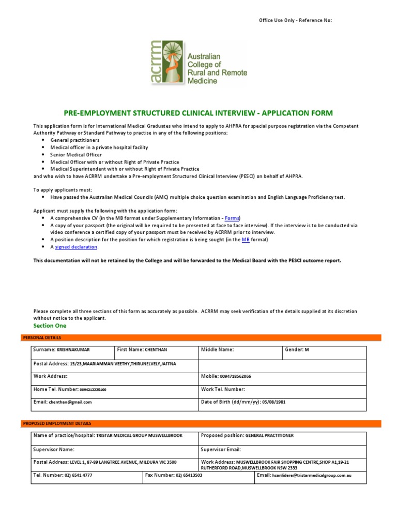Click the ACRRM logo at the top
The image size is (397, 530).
[x=198, y=63]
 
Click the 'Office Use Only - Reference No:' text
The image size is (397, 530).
[x=295, y=20]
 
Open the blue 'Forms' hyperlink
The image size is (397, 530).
[x=232, y=218]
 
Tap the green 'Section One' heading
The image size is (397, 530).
[x=50, y=326]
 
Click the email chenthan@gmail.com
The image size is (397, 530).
[x=70, y=402]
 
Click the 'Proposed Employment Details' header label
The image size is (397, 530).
[x=57, y=423]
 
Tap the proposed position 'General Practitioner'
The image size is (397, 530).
[x=269, y=436]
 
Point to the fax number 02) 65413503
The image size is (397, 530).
[x=189, y=475]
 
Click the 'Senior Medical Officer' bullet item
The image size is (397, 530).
[x=76, y=155]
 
